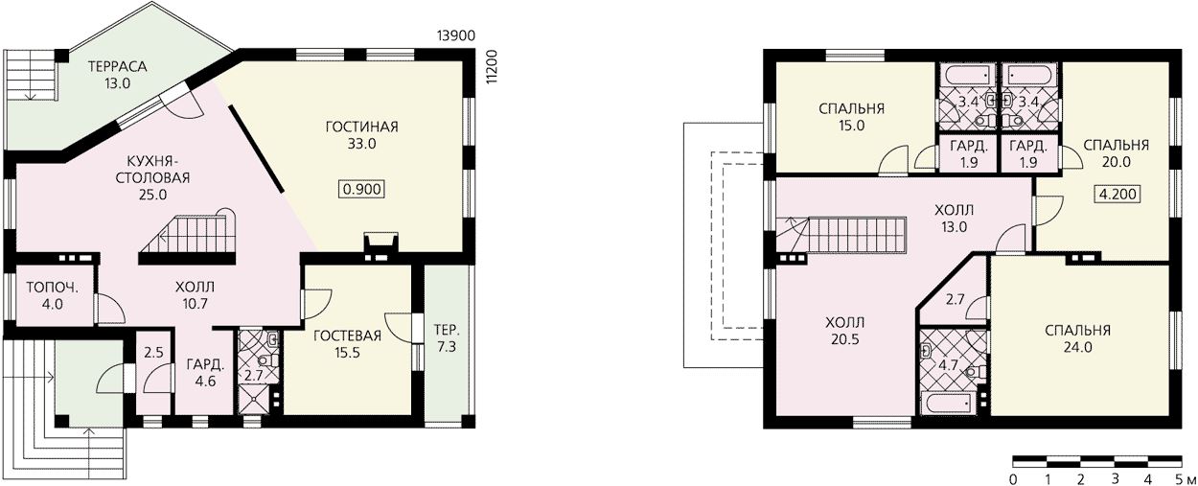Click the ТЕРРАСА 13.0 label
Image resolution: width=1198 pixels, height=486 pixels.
click(118, 75)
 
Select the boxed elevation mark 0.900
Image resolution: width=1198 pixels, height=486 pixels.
click(362, 189)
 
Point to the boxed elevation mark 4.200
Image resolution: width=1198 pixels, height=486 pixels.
click(1117, 194)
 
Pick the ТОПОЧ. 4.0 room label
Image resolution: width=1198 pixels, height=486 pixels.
click(53, 295)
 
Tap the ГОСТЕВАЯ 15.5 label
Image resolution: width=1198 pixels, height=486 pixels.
click(347, 344)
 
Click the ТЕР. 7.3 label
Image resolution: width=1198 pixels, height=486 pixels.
click(447, 338)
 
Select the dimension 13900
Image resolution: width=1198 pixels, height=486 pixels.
click(456, 35)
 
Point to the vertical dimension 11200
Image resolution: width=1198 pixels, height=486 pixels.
click(492, 66)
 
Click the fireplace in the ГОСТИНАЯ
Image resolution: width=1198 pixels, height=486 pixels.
click(380, 246)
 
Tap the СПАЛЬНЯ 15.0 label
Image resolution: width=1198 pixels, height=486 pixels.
click(851, 117)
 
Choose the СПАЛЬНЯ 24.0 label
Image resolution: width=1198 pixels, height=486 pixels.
click(1077, 338)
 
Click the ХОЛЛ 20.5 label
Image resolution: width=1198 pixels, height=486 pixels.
click(845, 331)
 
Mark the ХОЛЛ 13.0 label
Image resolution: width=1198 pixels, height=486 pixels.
click(955, 219)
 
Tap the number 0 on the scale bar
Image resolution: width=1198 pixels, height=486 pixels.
click(1013, 477)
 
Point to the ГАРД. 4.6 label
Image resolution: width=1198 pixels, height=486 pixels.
click(205, 373)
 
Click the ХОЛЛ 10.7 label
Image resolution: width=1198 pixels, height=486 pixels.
click(195, 295)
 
